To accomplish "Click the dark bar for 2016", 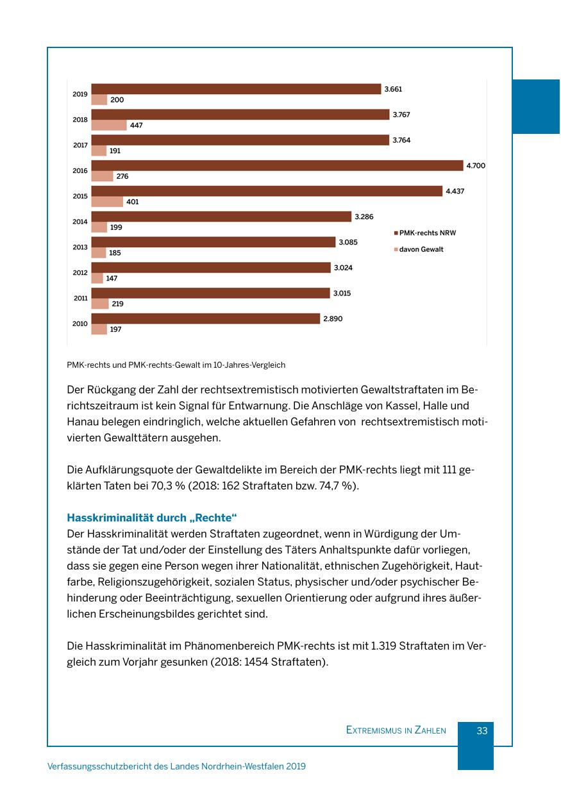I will click(x=277, y=166).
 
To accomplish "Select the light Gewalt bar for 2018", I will click(x=109, y=126).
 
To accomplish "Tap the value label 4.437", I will click(x=455, y=192).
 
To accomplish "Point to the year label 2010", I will click(x=80, y=324).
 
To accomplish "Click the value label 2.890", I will click(x=332, y=319).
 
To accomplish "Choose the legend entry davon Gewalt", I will click(x=421, y=250).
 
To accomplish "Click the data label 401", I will click(x=133, y=202).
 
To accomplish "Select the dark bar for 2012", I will click(x=211, y=268).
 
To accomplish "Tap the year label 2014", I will click(x=80, y=222).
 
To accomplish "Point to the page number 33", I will click(x=482, y=730).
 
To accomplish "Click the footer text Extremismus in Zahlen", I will click(x=396, y=730).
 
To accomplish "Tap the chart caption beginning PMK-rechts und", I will click(x=176, y=365).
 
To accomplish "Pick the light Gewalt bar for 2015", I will click(x=107, y=202).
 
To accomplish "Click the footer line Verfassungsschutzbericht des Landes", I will click(x=176, y=766).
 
